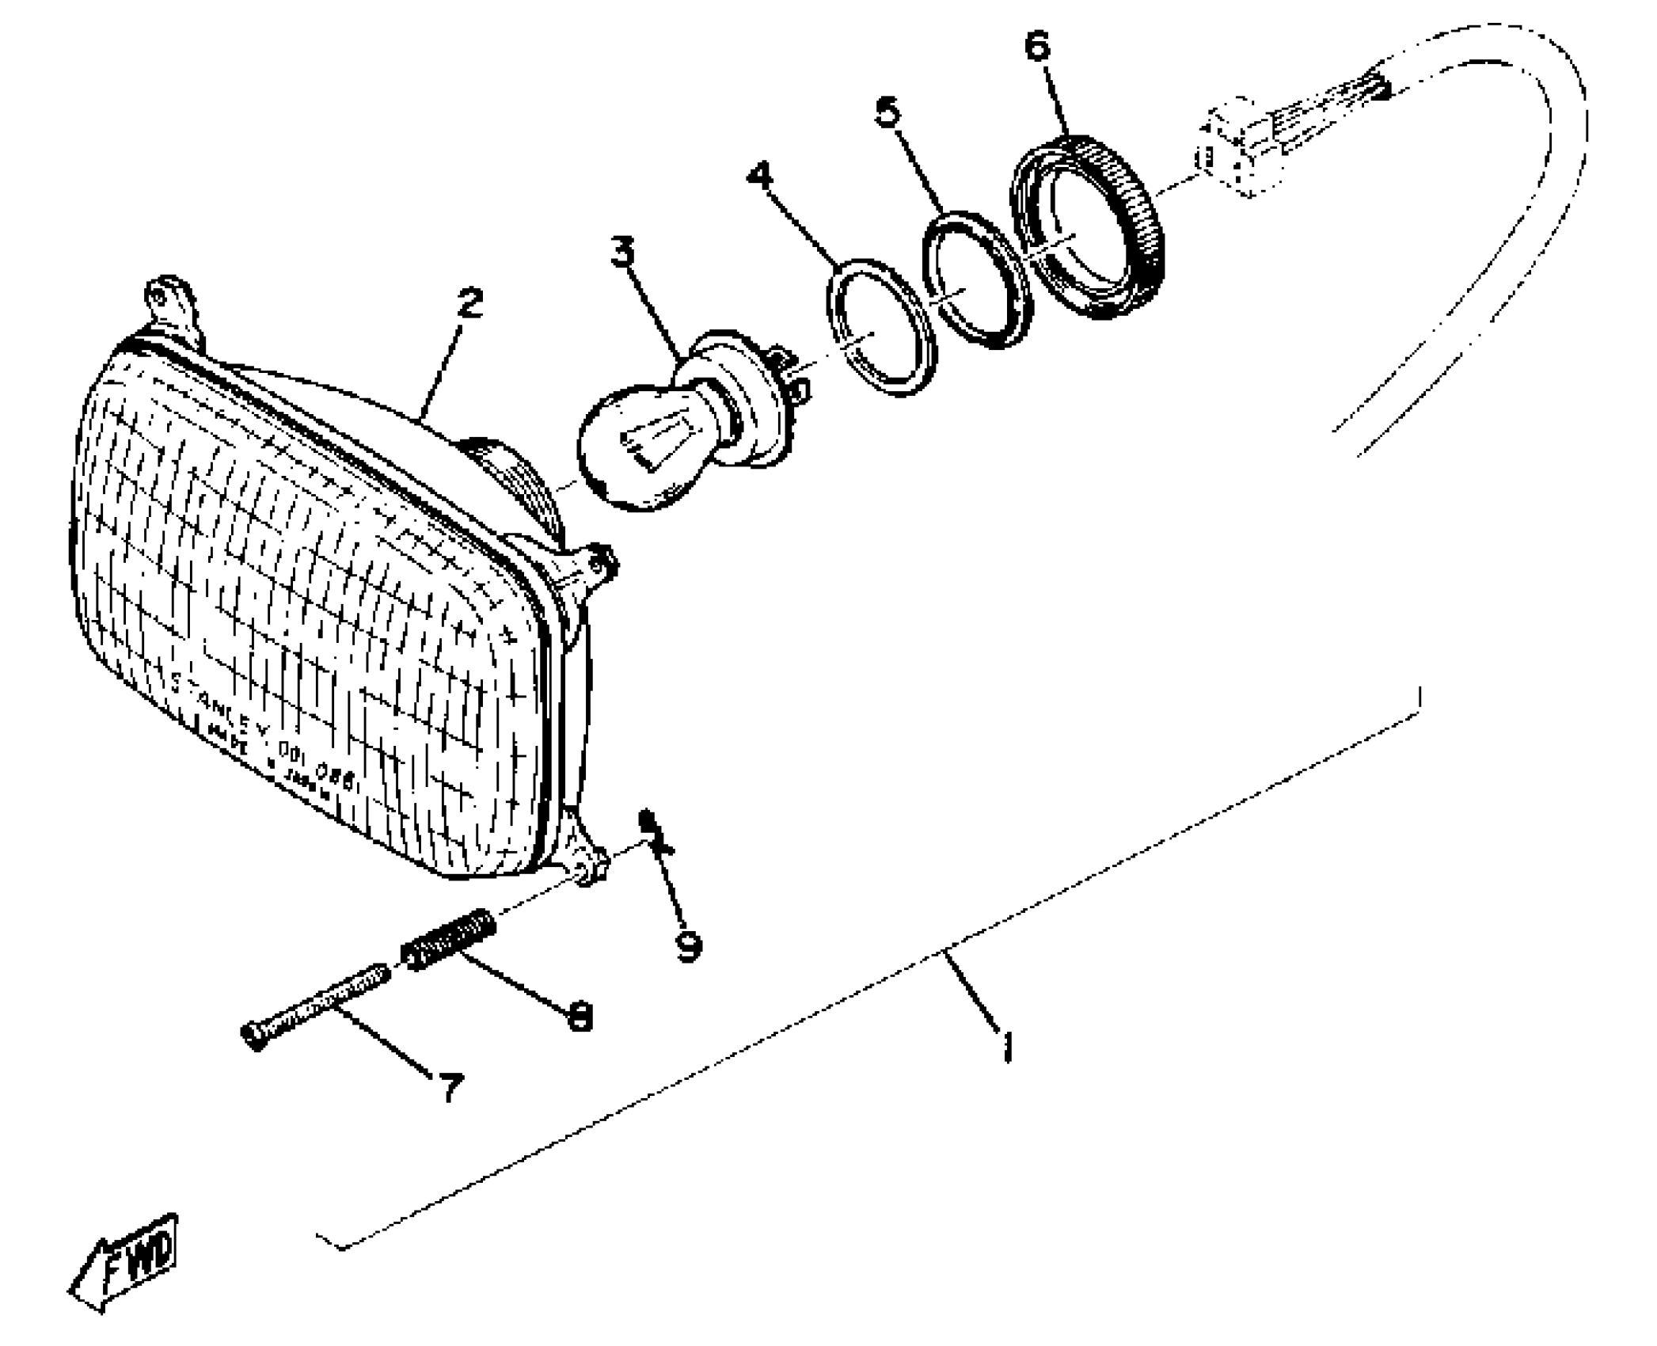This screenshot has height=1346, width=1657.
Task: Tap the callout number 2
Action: pos(469,303)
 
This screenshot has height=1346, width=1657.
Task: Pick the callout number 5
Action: pos(887,112)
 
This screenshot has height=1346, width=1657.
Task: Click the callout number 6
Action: pos(1036,47)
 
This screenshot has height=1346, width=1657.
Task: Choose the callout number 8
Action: pos(580,1017)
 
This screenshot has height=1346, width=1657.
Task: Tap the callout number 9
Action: pos(689,945)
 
